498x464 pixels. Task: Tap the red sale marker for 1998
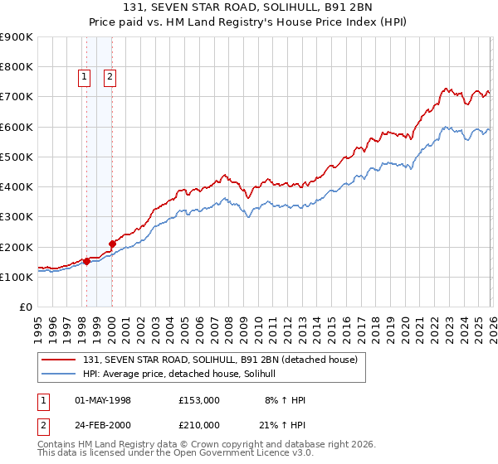point(86,261)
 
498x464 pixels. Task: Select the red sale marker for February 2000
point(112,244)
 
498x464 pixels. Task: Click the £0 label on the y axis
point(25,307)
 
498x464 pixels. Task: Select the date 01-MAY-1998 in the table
point(103,400)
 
